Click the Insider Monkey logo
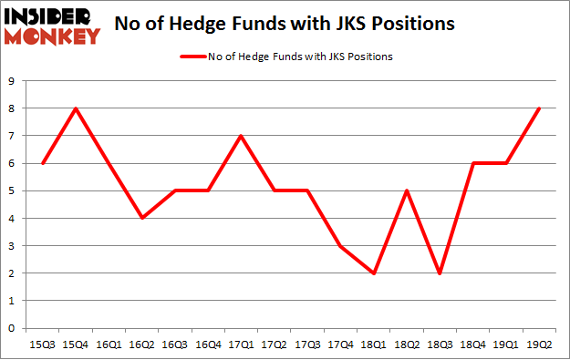(x=51, y=25)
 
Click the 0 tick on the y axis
(x=12, y=328)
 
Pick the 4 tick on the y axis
(x=12, y=219)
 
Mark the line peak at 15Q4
(x=75, y=109)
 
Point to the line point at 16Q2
(x=142, y=219)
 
